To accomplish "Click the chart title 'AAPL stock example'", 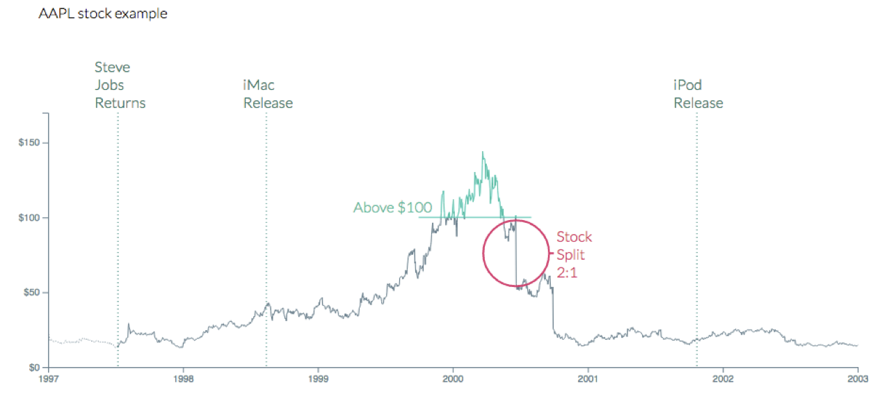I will pyautogui.click(x=103, y=14).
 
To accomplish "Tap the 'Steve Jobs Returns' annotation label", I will pyautogui.click(x=120, y=86).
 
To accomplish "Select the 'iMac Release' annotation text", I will pyautogui.click(x=268, y=94).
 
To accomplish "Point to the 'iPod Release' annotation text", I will pyautogui.click(x=698, y=94).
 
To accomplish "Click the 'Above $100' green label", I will pyautogui.click(x=392, y=208).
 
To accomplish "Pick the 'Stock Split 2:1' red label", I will pyautogui.click(x=574, y=255).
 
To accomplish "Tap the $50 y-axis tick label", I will pyautogui.click(x=31, y=292).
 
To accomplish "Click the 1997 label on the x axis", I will pyautogui.click(x=48, y=380).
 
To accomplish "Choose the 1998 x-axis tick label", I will pyautogui.click(x=183, y=380).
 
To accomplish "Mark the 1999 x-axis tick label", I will pyautogui.click(x=318, y=380).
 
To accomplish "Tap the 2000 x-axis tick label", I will pyautogui.click(x=453, y=380).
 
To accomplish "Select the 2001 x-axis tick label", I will pyautogui.click(x=588, y=380).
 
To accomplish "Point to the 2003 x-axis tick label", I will pyautogui.click(x=857, y=380).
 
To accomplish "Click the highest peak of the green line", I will pyautogui.click(x=483, y=153).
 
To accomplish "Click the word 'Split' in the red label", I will pyautogui.click(x=570, y=255).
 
